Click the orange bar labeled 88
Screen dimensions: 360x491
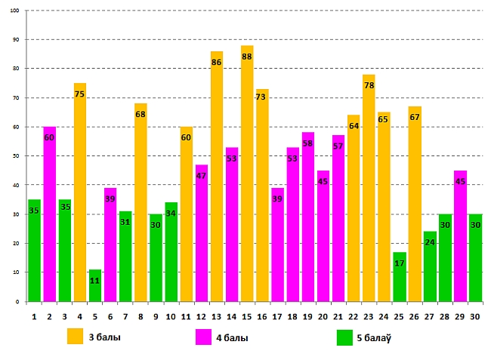click(247, 174)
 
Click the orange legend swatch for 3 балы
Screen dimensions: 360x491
click(75, 337)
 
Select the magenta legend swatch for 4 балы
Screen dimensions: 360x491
click(203, 337)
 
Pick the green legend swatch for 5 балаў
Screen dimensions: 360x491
click(344, 337)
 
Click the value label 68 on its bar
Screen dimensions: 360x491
click(141, 114)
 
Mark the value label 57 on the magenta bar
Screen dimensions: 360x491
click(338, 146)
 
